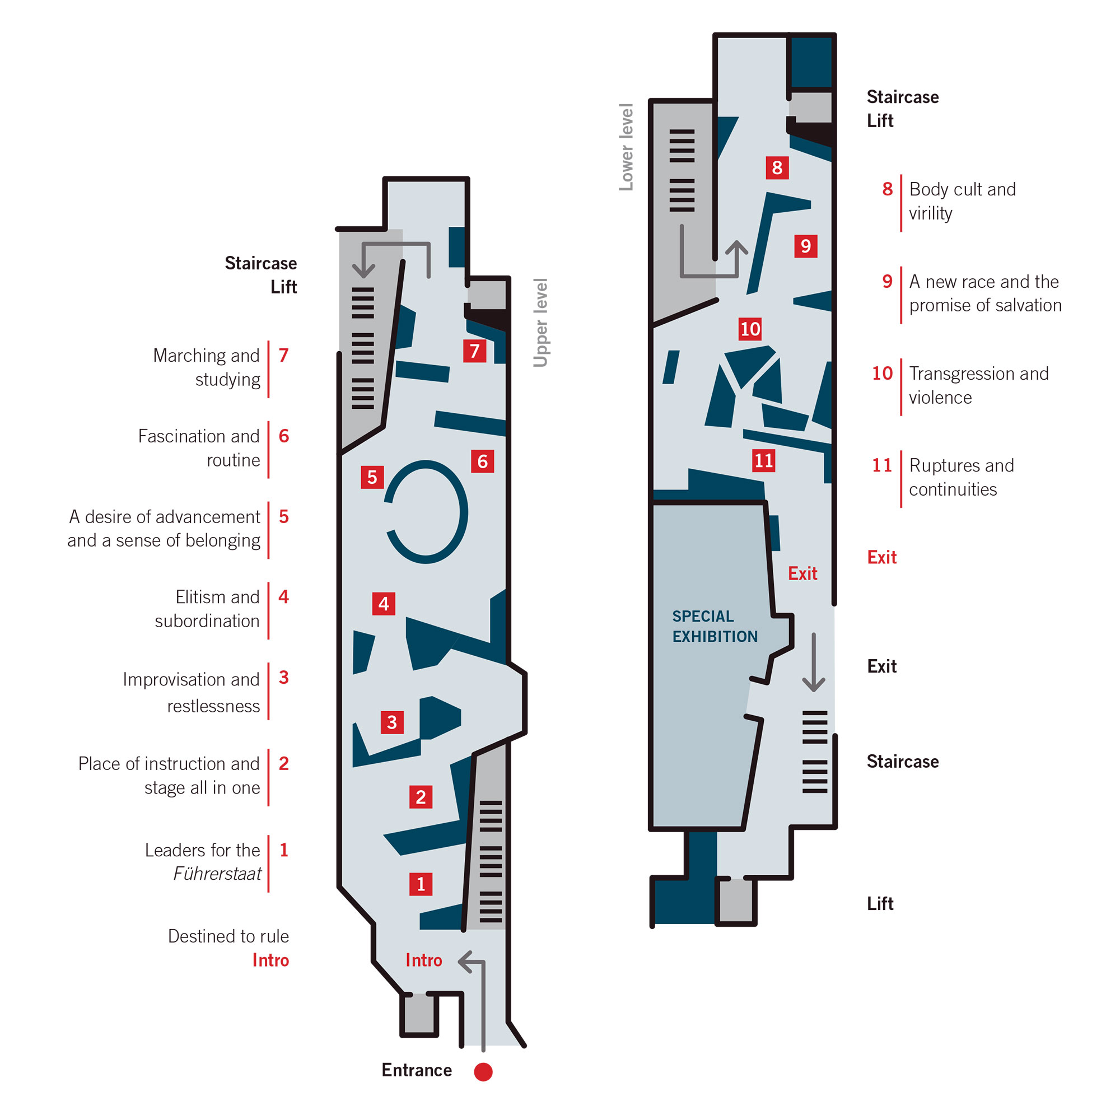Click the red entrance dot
click(x=483, y=1072)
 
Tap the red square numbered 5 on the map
click(x=372, y=477)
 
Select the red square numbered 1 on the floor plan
click(x=421, y=884)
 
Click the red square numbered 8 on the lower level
click(x=777, y=167)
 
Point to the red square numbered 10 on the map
click(x=750, y=329)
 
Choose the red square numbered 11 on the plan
click(x=763, y=460)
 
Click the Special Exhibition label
click(x=714, y=626)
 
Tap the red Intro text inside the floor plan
click(x=424, y=960)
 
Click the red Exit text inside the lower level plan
click(x=802, y=573)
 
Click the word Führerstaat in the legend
click(x=217, y=874)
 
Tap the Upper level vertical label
click(x=540, y=323)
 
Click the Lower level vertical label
click(x=626, y=147)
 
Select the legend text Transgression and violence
click(x=978, y=385)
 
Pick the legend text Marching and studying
click(x=207, y=367)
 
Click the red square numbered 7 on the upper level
click(x=474, y=351)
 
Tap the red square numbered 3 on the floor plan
click(x=392, y=722)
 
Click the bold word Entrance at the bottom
click(x=416, y=1070)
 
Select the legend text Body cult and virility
click(x=962, y=201)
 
